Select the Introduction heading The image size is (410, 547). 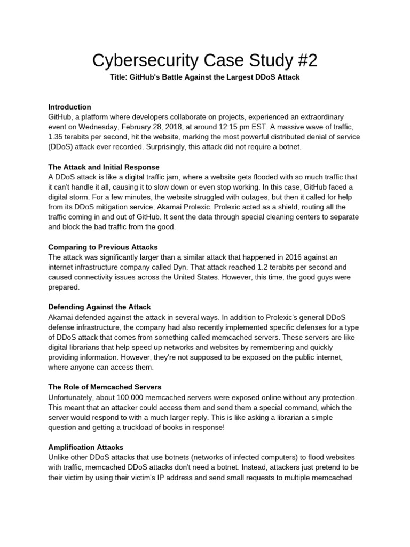pyautogui.click(x=69, y=106)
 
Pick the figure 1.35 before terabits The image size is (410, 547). pyautogui.click(x=57, y=136)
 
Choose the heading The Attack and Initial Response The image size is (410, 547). pyautogui.click(x=104, y=167)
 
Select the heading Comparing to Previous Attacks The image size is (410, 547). pyautogui.click(x=103, y=247)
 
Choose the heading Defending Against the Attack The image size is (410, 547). pyautogui.click(x=100, y=307)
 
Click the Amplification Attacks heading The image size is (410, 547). pyautogui.click(x=86, y=447)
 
